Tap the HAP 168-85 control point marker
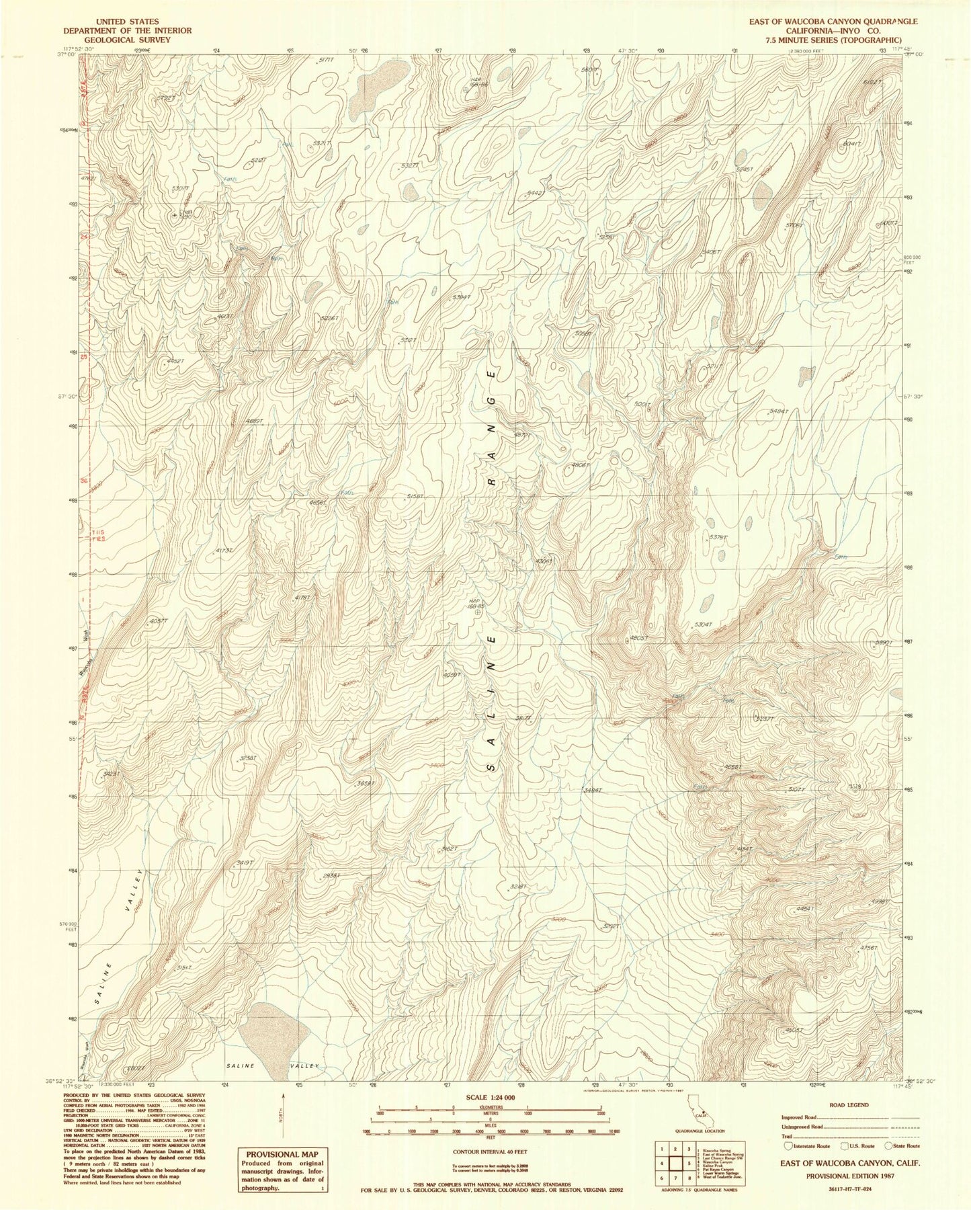click(x=478, y=612)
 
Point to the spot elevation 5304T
click(x=702, y=624)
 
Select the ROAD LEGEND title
click(x=849, y=1104)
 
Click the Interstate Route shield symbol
click(x=788, y=1146)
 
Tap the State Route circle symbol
click(x=889, y=1146)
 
